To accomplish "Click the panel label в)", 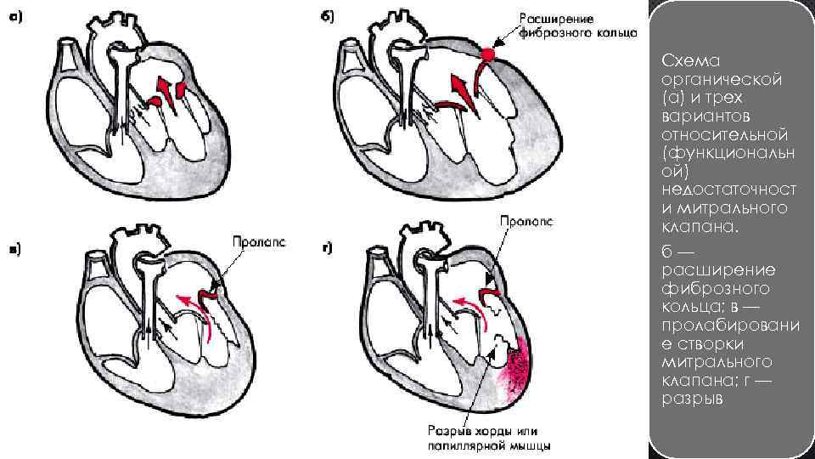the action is pyautogui.click(x=15, y=248).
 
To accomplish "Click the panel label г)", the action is pyautogui.click(x=327, y=248).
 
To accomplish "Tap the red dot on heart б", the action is pyautogui.click(x=487, y=54).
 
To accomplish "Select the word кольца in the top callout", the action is pyautogui.click(x=593, y=34).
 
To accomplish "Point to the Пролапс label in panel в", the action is pyautogui.click(x=259, y=242).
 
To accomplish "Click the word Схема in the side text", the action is pyautogui.click(x=685, y=62).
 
